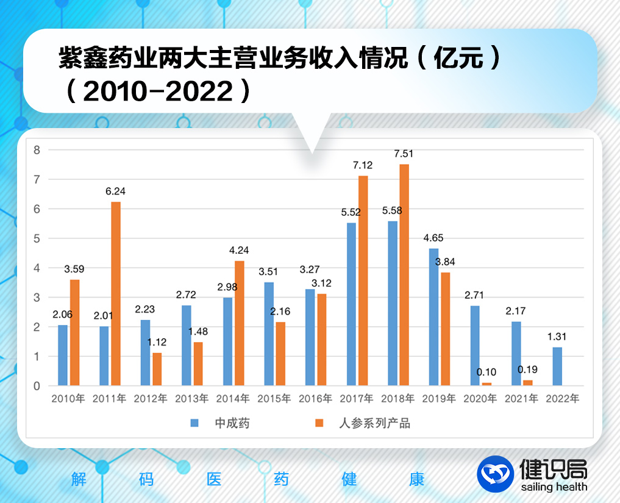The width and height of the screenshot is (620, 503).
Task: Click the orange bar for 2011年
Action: click(116, 293)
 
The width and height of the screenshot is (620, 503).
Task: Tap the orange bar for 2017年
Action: click(363, 280)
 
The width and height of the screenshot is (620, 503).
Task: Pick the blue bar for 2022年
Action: click(557, 366)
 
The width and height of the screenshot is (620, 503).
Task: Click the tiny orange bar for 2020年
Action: click(486, 383)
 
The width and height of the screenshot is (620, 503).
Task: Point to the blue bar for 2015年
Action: click(269, 334)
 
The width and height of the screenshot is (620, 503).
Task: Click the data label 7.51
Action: click(404, 154)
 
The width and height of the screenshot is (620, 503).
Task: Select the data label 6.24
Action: click(115, 191)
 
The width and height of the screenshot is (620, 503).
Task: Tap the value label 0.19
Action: click(527, 369)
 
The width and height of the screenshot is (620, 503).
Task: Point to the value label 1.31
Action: click(557, 337)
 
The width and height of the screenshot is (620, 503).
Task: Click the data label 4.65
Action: click(433, 238)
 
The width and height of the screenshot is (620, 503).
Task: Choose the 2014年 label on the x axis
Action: click(232, 399)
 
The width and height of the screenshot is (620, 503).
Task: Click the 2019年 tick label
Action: click(439, 399)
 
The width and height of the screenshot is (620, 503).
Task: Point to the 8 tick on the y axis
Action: click(37, 150)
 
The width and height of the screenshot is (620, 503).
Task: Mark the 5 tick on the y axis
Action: click(37, 238)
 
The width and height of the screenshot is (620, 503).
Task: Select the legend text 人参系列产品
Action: click(374, 423)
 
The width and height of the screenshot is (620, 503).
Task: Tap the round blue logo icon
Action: click(495, 474)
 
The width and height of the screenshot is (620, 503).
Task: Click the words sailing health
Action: click(554, 487)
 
